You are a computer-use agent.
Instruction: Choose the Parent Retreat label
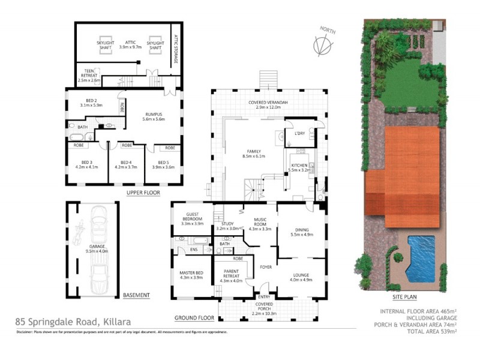(x=231, y=277)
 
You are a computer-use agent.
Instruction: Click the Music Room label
(x=260, y=225)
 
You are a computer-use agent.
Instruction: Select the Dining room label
(x=301, y=231)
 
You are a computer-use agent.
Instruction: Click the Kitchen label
(x=299, y=167)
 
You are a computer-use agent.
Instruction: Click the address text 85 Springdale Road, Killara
(x=72, y=322)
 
